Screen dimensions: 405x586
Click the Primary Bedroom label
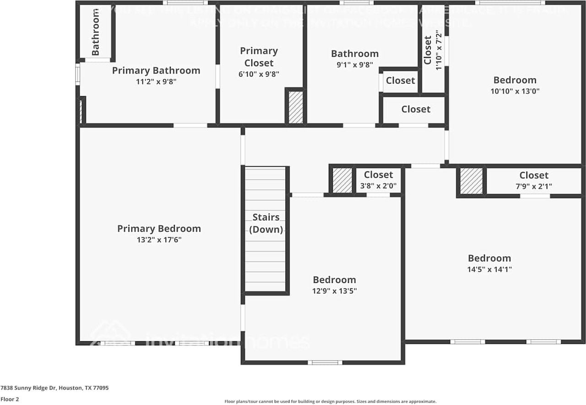159,228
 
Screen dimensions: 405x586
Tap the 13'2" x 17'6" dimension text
159,240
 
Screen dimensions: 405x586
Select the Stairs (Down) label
266,223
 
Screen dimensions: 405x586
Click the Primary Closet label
259,57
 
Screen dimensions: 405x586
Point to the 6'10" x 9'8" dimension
259,74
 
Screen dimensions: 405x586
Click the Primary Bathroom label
156,71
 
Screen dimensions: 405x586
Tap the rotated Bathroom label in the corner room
96,32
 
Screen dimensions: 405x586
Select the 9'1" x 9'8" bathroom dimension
355,65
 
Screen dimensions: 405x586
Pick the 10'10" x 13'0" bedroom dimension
515,91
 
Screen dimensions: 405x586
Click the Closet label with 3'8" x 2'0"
379,175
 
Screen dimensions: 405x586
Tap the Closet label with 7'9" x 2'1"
534,175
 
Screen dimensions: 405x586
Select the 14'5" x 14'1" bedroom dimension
489,269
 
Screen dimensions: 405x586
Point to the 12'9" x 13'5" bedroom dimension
334,291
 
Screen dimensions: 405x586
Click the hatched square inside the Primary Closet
296,107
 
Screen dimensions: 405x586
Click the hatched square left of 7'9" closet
471,181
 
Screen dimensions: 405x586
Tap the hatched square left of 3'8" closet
342,180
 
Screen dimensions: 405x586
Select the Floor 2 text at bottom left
10,399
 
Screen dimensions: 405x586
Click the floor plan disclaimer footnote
330,401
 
